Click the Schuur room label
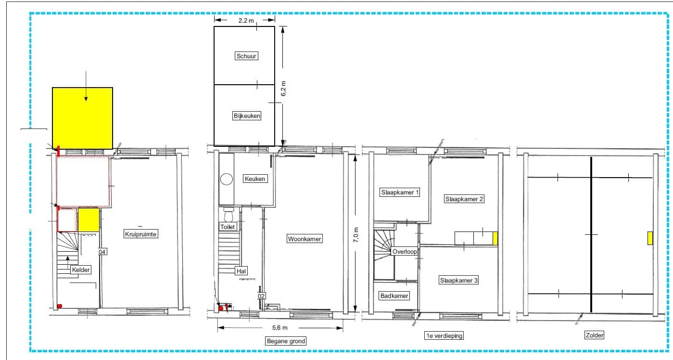click(246, 56)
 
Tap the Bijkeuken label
click(247, 116)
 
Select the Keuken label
click(255, 179)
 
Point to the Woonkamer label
click(305, 239)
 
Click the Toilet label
click(228, 227)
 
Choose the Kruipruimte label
click(140, 234)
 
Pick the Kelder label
click(81, 270)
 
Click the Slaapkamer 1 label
click(400, 193)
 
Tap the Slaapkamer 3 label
click(458, 281)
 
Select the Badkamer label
click(394, 296)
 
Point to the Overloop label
click(405, 252)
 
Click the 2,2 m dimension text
click(246, 20)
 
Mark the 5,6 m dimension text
click(279, 328)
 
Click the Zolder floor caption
click(594, 335)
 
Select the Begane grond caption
click(286, 341)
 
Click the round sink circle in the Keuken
click(226, 180)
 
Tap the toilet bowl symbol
click(229, 214)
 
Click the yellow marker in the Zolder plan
click(650, 238)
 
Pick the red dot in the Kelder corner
click(60, 306)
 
